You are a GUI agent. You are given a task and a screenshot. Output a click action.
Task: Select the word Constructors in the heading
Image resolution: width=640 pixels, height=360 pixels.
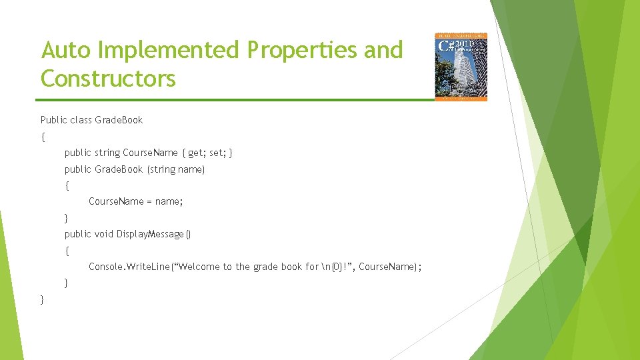(x=108, y=79)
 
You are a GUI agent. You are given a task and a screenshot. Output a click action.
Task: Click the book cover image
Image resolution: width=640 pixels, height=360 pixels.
(x=461, y=67)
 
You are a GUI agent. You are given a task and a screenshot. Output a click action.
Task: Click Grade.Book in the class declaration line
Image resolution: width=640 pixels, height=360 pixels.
(x=119, y=120)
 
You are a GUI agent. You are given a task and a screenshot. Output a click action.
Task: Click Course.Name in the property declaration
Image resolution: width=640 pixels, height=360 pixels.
(x=151, y=153)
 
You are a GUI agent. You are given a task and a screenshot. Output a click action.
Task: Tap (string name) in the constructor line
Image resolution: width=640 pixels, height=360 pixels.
(x=176, y=169)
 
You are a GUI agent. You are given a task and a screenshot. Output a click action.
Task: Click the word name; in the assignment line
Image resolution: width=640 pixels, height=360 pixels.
(x=169, y=201)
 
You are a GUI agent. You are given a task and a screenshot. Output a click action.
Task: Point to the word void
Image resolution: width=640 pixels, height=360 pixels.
(x=103, y=234)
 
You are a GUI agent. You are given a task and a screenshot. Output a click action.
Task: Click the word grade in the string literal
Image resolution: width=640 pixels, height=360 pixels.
(x=266, y=267)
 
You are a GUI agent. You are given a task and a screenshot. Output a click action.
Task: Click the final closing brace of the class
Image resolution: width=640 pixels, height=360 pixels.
(x=43, y=299)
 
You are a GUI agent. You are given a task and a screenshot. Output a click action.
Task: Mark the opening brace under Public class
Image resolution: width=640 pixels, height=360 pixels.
(x=43, y=137)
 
